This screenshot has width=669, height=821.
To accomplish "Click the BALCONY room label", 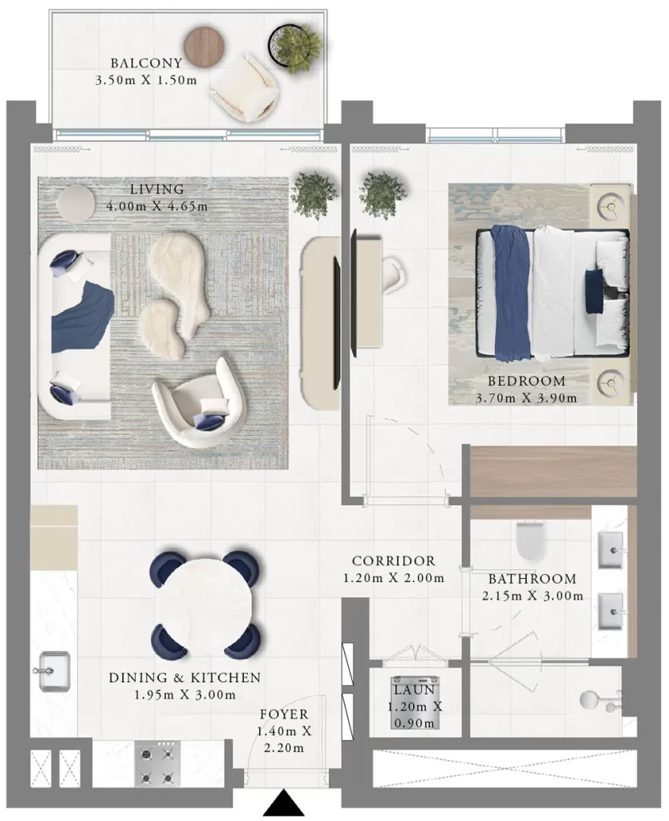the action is [x=146, y=63].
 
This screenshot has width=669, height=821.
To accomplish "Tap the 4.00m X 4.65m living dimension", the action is [x=157, y=206].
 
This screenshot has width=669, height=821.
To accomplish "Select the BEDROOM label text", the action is [x=526, y=381].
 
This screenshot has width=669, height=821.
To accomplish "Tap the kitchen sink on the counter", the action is [x=53, y=671].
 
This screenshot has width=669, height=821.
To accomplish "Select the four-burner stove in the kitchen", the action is [x=157, y=763].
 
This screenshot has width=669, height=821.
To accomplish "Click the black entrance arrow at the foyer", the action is [x=283, y=805].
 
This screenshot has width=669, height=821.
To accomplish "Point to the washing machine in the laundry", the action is [x=415, y=702].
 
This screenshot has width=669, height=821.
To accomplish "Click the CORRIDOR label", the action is [x=393, y=560].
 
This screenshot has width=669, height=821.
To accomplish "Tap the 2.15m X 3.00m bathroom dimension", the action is [x=533, y=596].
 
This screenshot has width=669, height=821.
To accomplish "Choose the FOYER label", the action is [x=285, y=714].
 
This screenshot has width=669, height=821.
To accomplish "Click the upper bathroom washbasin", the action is [x=611, y=550].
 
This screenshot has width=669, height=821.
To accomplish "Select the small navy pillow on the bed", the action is [x=594, y=291].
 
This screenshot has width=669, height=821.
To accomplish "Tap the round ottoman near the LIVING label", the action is [x=76, y=203].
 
